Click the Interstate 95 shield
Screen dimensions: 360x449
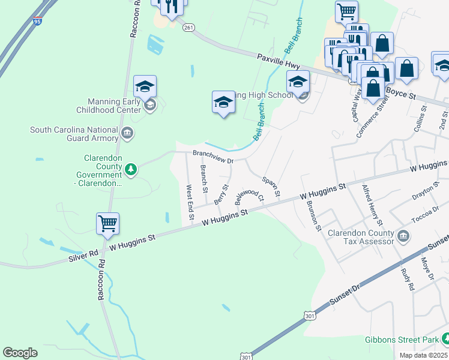pyautogui.click(x=37, y=22)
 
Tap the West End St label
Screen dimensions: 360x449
pyautogui.click(x=190, y=201)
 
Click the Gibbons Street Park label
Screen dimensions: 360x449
pyautogui.click(x=402, y=340)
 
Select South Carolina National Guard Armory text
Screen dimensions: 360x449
pyautogui.click(x=74, y=133)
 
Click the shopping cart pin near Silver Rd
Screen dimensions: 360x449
pyautogui.click(x=108, y=224)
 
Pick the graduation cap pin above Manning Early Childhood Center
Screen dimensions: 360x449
pyautogui.click(x=145, y=87)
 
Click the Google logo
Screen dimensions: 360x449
pyautogui.click(x=20, y=353)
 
